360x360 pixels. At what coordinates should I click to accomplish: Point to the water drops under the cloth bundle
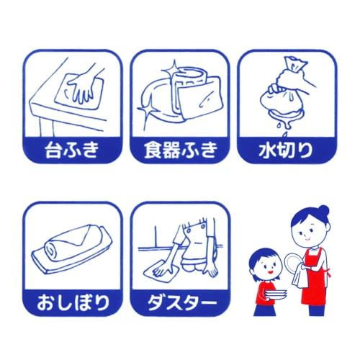pos(279,123)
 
